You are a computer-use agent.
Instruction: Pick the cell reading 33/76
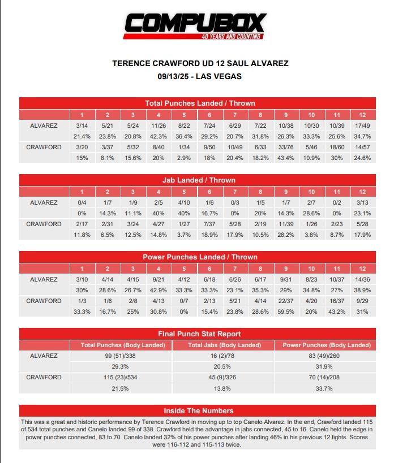(x=286, y=147)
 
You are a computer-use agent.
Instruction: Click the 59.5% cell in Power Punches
(x=286, y=311)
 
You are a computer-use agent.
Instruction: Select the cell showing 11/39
(x=286, y=224)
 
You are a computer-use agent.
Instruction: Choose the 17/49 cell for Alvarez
(x=362, y=126)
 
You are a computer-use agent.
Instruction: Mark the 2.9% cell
(x=183, y=158)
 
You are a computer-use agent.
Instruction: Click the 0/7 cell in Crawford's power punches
(x=183, y=301)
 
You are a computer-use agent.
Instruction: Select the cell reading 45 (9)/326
(x=223, y=377)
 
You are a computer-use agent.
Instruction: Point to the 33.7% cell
(x=326, y=388)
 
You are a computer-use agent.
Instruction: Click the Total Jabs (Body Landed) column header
(x=224, y=345)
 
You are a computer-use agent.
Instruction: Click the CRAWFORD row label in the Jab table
(x=44, y=224)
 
